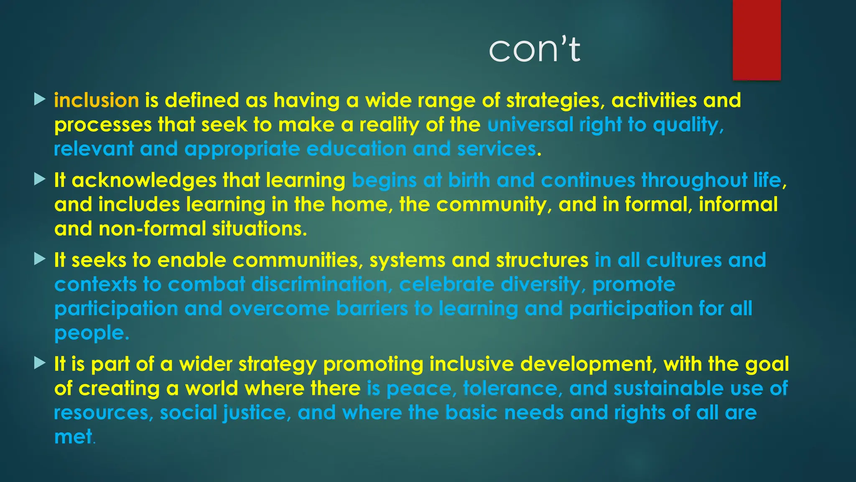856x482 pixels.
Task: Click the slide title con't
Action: tap(534, 49)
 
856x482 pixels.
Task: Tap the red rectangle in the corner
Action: tap(757, 40)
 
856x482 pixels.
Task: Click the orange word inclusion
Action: tap(97, 100)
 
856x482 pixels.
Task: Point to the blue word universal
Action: tap(530, 125)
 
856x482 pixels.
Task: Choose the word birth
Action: tap(469, 180)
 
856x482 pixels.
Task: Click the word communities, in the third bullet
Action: tap(298, 260)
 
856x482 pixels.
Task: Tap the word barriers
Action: tap(372, 309)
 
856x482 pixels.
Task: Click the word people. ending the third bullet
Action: tap(92, 333)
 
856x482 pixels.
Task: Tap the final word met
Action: tap(74, 437)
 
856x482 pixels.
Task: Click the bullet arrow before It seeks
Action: tap(40, 259)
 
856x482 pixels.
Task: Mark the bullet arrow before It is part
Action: tap(40, 363)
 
